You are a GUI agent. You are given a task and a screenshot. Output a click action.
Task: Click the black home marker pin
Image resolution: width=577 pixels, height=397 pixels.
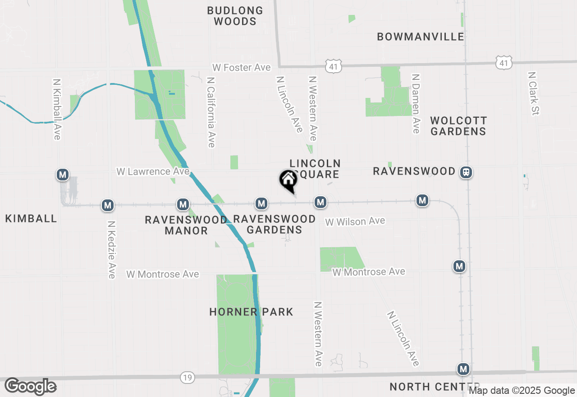pyautogui.click(x=288, y=180)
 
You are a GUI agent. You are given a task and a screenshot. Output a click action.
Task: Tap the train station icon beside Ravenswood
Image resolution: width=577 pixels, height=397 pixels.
pyautogui.click(x=466, y=172)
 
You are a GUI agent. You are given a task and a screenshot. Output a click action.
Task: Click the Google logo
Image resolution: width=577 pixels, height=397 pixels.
pyautogui.click(x=30, y=387)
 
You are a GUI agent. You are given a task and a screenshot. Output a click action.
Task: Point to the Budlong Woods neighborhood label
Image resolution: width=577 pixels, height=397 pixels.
pyautogui.click(x=235, y=16)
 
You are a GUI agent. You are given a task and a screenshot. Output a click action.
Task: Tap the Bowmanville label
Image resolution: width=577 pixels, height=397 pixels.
pyautogui.click(x=421, y=37)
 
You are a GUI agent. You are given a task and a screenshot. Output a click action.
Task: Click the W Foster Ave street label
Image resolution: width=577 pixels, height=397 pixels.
pyautogui.click(x=242, y=68)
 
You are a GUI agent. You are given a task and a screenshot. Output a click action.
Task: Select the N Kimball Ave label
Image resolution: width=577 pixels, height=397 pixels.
pyautogui.click(x=57, y=109)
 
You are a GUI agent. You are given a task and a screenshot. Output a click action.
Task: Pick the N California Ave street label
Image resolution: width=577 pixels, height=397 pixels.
pyautogui.click(x=211, y=112)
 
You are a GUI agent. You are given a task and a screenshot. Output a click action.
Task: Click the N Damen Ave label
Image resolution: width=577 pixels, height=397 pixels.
pyautogui.click(x=416, y=103)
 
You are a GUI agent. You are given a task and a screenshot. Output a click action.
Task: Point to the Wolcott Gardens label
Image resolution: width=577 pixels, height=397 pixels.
pyautogui.click(x=458, y=126)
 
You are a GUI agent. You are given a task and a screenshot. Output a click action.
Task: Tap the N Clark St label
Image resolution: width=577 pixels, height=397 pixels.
pyautogui.click(x=534, y=93)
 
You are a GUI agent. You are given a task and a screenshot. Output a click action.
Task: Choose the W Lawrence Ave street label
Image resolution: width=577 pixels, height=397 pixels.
pyautogui.click(x=153, y=171)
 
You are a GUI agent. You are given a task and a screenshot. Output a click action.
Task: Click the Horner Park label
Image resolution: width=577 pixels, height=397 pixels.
pyautogui.click(x=251, y=312)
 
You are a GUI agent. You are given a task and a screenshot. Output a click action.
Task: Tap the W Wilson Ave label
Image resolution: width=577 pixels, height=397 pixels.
pyautogui.click(x=355, y=221)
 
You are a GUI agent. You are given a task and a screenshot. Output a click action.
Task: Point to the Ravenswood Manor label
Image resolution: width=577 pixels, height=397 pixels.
pyautogui.click(x=186, y=225)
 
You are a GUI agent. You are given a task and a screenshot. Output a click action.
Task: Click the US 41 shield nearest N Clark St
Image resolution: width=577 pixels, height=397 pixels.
pyautogui.click(x=504, y=63)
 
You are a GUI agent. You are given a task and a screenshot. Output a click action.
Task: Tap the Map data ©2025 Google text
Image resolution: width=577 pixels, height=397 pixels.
pyautogui.click(x=522, y=391)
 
